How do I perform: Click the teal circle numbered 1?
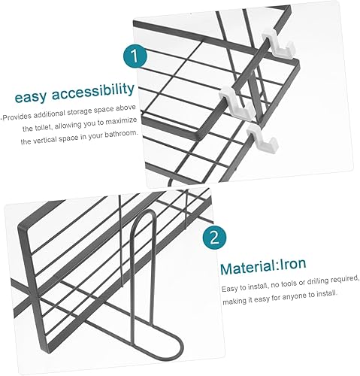coord(135,56)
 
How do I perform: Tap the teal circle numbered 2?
coord(214,237)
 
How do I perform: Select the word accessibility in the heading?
coord(93,92)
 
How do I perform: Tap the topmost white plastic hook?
coord(278,44)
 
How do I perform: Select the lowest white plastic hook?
coord(262,140)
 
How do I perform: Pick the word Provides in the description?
coord(17,117)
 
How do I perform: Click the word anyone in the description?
coord(293,296)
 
